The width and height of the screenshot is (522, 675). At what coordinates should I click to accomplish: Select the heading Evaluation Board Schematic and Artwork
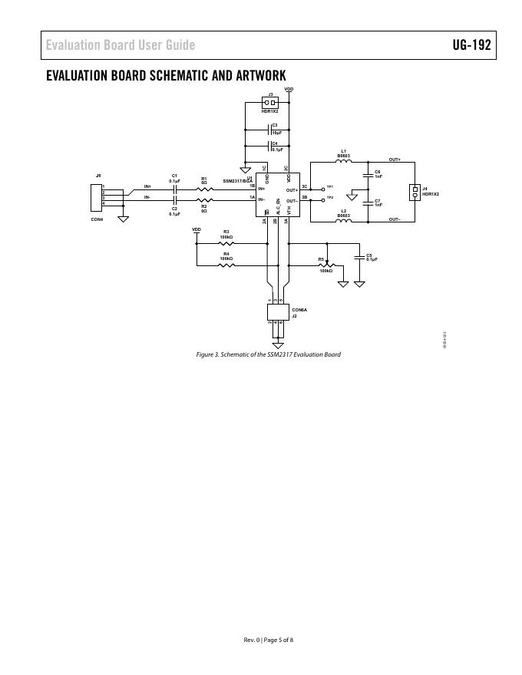[x=166, y=75]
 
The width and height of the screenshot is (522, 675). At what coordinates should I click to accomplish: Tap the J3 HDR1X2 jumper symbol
[x=269, y=102]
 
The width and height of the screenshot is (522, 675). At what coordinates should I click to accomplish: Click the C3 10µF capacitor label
[x=276, y=129]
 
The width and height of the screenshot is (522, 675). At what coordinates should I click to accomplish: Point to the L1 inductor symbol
[x=344, y=162]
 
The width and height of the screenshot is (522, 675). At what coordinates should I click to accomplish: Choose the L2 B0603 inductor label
[x=344, y=213]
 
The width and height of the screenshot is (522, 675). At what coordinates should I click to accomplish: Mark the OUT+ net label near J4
[x=395, y=160]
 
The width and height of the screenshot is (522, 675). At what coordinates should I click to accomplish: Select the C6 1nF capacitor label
[x=378, y=173]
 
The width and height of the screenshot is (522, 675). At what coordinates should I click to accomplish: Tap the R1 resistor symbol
[x=204, y=188]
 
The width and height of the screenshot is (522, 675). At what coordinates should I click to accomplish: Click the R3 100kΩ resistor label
[x=226, y=234]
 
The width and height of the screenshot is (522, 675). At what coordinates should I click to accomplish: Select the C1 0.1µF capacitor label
[x=174, y=178]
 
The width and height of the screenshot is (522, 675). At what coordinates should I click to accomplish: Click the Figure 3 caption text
[x=268, y=354]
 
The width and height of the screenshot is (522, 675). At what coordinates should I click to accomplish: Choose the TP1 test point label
[x=330, y=186]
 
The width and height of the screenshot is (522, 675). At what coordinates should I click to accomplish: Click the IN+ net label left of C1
[x=147, y=186]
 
